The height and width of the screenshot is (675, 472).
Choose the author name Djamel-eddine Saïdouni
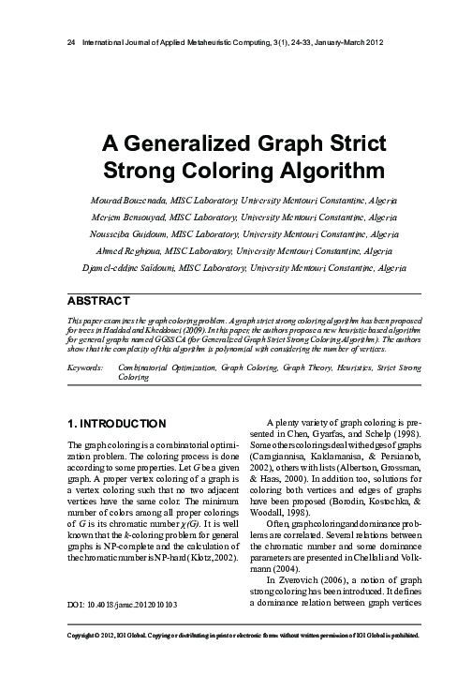click(115, 268)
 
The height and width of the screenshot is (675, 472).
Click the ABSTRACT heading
click(97, 302)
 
